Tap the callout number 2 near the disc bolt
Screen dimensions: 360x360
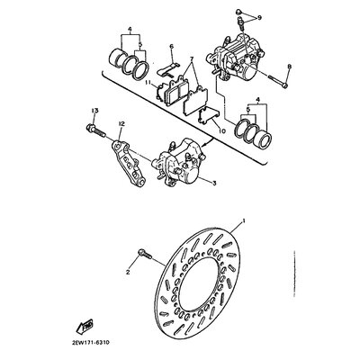pyautogui.click(x=129, y=270)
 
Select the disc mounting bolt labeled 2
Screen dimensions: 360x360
pyautogui.click(x=143, y=255)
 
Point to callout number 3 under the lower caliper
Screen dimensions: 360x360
pyautogui.click(x=214, y=182)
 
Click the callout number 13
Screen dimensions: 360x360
pyautogui.click(x=93, y=109)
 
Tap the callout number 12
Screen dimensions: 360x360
pyautogui.click(x=121, y=121)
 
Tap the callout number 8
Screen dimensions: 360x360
pyautogui.click(x=289, y=67)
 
